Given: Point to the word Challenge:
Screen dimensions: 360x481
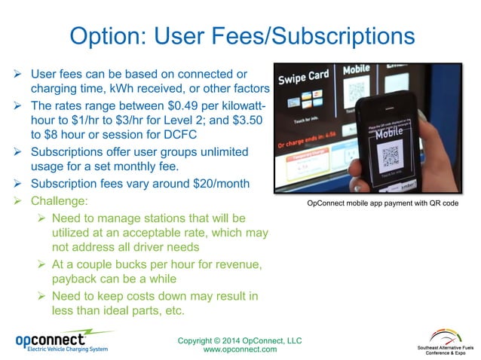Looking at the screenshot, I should pos(60,202).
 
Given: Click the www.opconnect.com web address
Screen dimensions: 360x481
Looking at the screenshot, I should pos(240,349).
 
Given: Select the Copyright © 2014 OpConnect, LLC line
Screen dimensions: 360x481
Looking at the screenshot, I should pos(240,340).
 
